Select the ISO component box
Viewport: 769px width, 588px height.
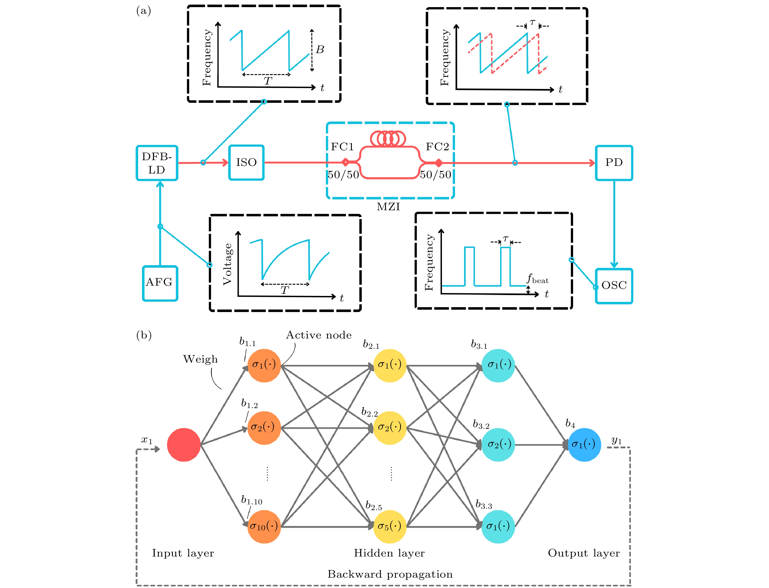click(x=246, y=162)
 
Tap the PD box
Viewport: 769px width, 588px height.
click(x=614, y=163)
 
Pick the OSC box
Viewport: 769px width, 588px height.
click(x=614, y=286)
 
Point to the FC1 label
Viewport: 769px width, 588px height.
click(x=342, y=147)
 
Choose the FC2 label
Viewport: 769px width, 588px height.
click(x=437, y=147)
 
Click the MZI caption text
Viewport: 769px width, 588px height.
click(x=388, y=207)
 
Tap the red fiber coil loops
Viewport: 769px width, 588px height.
click(x=388, y=139)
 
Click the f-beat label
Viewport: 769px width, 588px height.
click(x=537, y=279)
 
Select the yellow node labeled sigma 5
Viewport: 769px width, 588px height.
click(x=390, y=526)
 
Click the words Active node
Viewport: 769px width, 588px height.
click(x=319, y=335)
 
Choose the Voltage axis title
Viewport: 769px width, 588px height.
click(x=228, y=264)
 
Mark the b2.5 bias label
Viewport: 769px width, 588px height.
click(x=373, y=506)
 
